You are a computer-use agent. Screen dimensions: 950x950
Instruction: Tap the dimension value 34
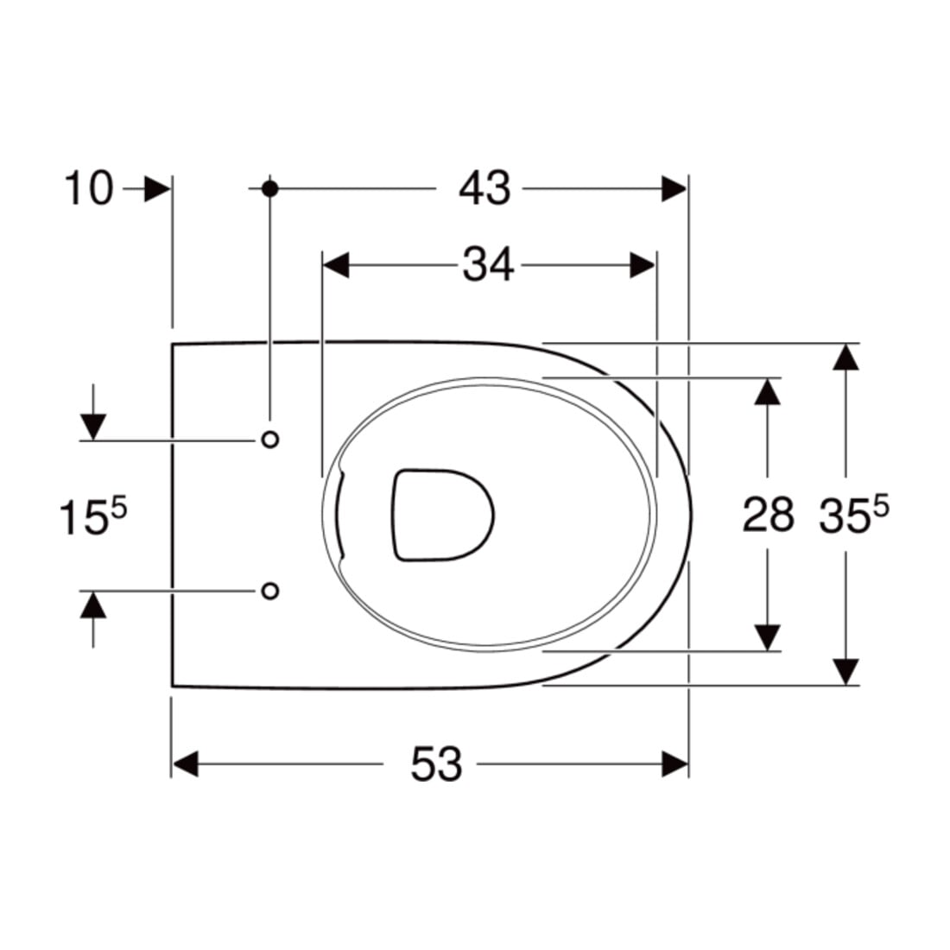point(488,265)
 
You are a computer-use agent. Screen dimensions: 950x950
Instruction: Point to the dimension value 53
point(436,763)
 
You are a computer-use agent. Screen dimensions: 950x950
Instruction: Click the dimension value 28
point(769,515)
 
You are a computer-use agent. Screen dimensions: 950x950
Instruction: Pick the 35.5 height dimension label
point(853,514)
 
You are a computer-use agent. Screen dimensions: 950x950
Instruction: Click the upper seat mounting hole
point(270,440)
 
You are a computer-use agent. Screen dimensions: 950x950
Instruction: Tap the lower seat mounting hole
point(270,590)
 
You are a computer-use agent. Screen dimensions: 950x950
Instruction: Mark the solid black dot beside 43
point(270,189)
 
